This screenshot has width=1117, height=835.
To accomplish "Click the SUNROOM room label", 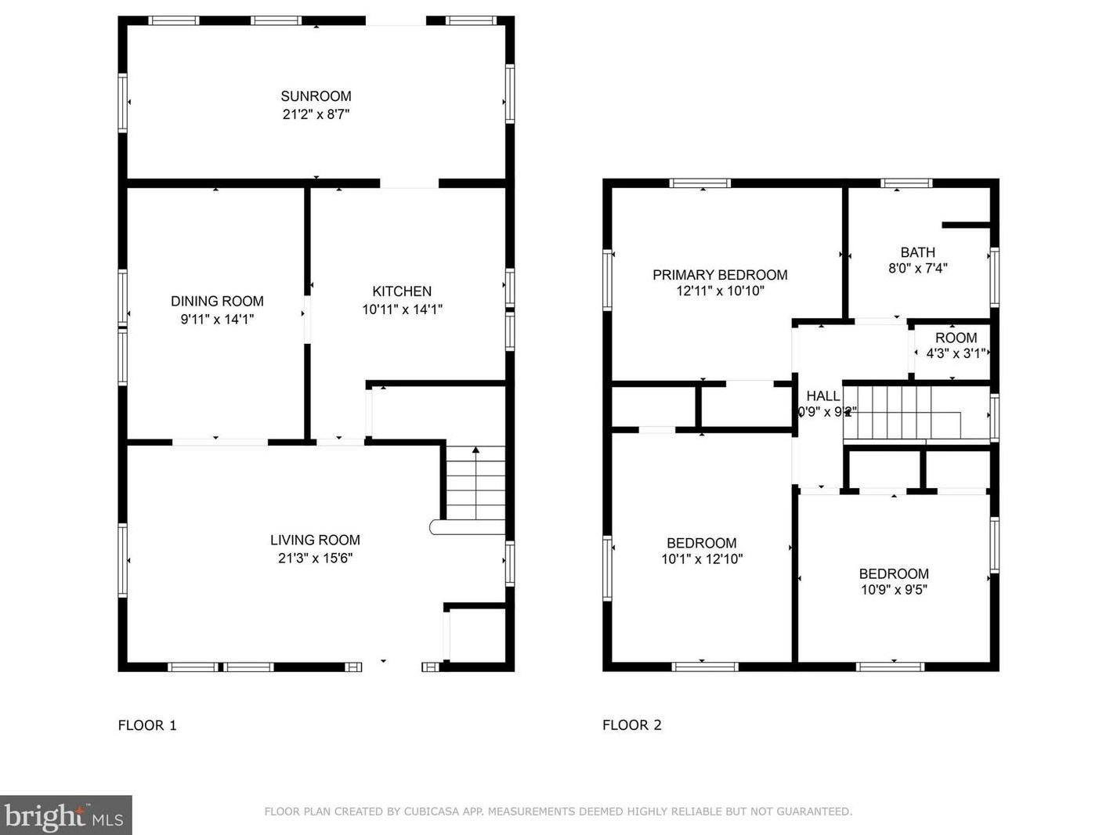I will pos(316,96).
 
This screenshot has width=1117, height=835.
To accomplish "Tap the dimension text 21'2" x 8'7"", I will pos(316,114).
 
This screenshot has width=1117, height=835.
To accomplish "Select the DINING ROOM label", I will pos(217,301).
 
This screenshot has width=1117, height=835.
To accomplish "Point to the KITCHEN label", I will pos(402,291).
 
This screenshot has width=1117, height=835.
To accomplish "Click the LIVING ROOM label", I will pos(315,540).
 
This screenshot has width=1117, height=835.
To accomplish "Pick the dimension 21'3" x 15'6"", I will pos(315,558).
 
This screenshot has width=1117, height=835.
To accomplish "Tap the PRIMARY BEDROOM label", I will pos(720,275).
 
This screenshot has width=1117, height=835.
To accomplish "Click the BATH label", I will pos(917,252).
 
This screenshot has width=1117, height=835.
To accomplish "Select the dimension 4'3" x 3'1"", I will pos(955,353).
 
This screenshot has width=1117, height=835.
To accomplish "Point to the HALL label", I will pos(823,396).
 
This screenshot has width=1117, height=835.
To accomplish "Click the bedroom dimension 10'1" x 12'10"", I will pos(702,559).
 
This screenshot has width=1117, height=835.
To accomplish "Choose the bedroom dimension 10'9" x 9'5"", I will pos(894,590).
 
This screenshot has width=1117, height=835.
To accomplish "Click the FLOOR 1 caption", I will pos(147,725).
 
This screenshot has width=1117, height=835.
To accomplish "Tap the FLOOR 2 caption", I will pos(632,725).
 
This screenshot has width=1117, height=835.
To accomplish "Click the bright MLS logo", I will pos(66,815).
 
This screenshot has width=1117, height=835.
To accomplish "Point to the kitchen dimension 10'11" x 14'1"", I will pos(402,309).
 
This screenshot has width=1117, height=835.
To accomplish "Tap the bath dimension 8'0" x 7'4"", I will pos(917,268).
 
